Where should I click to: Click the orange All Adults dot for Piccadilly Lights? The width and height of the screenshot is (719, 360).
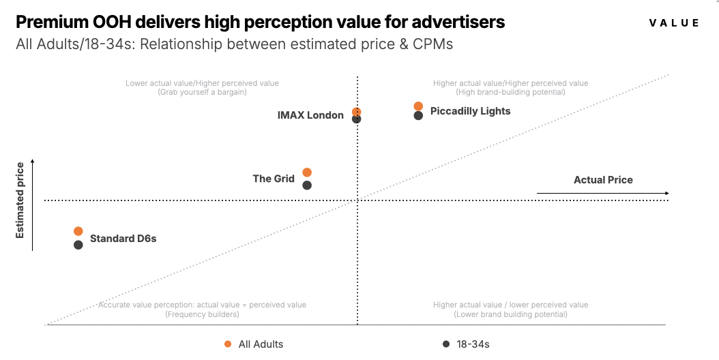(418, 106)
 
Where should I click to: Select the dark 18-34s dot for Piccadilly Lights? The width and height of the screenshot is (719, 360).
(418, 115)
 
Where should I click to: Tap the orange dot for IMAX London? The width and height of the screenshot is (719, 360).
(356, 112)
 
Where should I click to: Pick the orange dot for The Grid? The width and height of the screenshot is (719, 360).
(307, 172)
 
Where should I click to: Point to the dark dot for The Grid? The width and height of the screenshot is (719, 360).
(307, 185)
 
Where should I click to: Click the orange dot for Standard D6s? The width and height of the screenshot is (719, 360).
(78, 232)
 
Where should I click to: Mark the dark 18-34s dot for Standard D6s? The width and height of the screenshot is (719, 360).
(78, 244)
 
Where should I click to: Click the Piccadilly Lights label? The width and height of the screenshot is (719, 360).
(470, 111)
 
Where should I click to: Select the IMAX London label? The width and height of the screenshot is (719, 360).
(310, 115)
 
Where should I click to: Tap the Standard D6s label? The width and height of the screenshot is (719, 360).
(123, 239)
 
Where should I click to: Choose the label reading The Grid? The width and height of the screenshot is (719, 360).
(274, 179)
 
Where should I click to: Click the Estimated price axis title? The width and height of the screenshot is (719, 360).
(20, 200)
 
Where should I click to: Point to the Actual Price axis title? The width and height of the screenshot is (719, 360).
(603, 180)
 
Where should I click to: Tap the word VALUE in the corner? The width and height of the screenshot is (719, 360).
(674, 23)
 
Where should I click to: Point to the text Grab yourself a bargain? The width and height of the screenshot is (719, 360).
(202, 92)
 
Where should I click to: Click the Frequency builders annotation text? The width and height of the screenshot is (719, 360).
(202, 314)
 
